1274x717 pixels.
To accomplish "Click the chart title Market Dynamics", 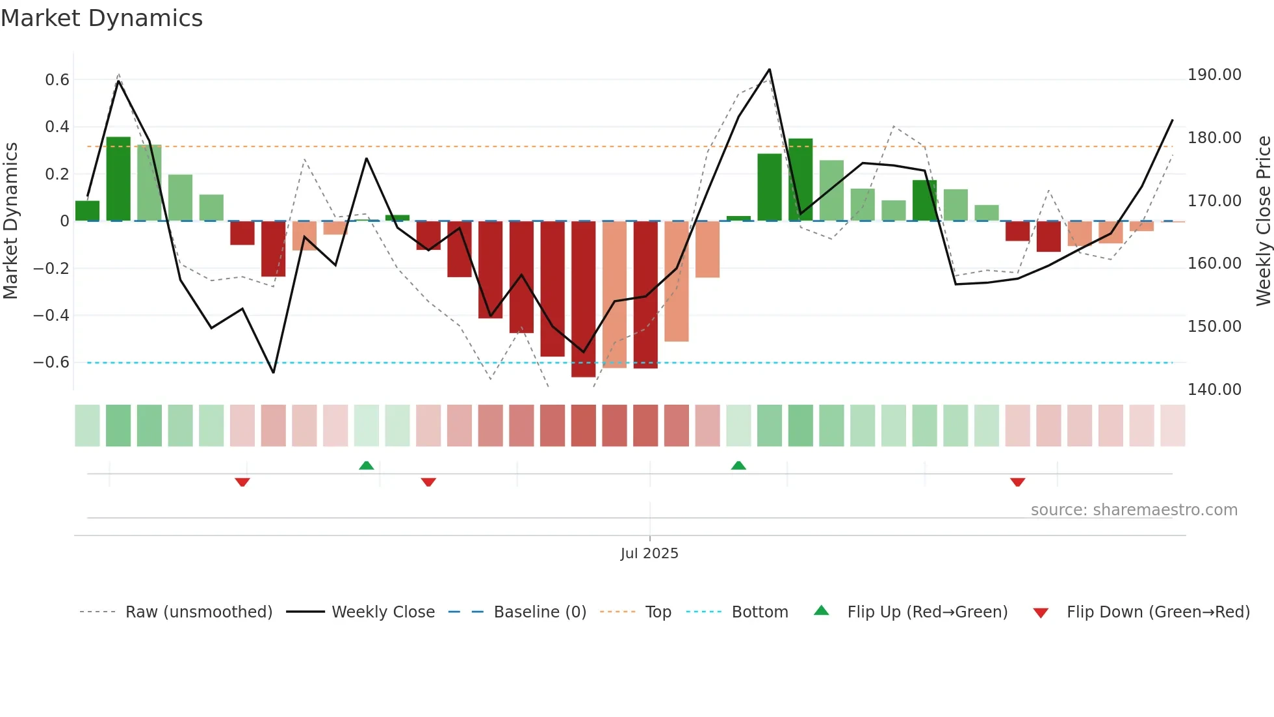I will click(101, 18).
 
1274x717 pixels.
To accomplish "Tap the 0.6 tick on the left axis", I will click(57, 80).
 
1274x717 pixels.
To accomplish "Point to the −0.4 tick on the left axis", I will click(51, 316).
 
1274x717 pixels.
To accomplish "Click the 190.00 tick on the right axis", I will click(1214, 75).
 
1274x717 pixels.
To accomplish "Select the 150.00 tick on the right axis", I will click(1214, 327).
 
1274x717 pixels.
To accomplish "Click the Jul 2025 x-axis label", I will click(649, 554).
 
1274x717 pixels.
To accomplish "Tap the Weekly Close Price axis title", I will click(1263, 221).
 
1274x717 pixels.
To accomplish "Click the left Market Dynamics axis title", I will click(10, 221).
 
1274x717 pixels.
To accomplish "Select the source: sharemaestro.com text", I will click(1134, 510).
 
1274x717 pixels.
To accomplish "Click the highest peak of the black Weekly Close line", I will click(770, 69).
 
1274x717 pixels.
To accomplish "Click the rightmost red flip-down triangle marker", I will click(1017, 482).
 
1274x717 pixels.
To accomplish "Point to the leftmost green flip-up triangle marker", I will click(367, 465).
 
